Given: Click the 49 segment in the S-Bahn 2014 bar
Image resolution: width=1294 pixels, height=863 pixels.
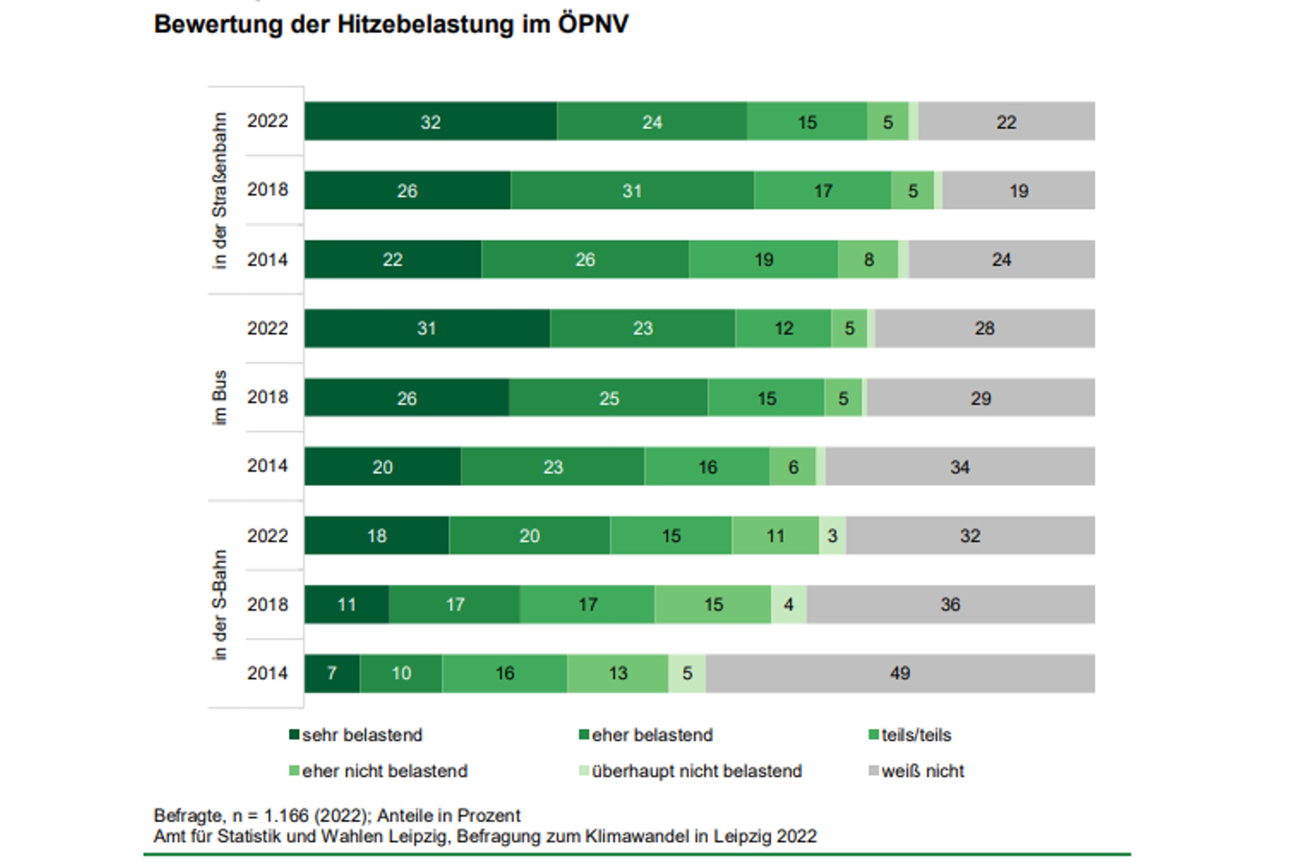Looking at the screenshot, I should click(x=900, y=673).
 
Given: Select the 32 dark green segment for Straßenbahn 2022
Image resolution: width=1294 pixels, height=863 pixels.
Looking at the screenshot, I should click(x=430, y=121).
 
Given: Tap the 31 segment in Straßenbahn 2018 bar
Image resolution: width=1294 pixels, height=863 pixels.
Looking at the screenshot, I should click(x=631, y=190).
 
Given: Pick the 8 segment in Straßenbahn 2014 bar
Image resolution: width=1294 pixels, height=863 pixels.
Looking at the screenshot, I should click(x=868, y=259).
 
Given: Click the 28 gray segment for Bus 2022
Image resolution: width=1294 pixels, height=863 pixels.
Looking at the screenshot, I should click(x=984, y=329).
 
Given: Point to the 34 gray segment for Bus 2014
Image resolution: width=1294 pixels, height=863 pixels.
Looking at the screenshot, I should click(x=959, y=467).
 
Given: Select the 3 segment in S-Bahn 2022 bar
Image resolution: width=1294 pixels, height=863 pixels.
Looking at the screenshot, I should click(x=832, y=536).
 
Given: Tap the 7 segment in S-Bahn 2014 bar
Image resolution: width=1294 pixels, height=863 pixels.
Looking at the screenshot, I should click(x=332, y=673).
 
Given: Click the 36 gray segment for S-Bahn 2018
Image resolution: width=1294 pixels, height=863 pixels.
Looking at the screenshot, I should click(x=950, y=604).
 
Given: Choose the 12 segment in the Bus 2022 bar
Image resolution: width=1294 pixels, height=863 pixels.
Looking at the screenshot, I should click(x=783, y=329).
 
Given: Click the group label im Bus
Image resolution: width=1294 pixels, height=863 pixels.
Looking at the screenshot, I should click(x=220, y=398).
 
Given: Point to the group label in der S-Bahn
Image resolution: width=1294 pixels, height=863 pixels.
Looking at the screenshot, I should click(x=220, y=604).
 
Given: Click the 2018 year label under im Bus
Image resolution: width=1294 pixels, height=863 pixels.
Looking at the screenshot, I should click(x=267, y=397).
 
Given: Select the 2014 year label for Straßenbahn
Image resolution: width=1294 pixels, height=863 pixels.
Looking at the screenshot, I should click(x=267, y=259).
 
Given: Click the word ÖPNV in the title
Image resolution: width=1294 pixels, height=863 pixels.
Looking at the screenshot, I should click(x=593, y=24).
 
